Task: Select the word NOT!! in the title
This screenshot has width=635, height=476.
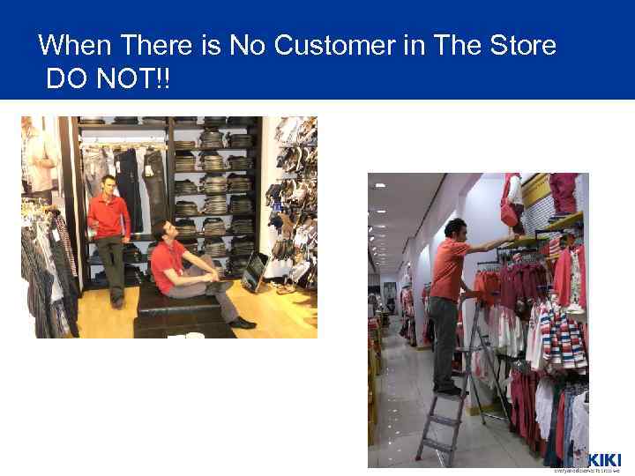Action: point(134,80)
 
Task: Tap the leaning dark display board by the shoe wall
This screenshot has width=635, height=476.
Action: point(254,271)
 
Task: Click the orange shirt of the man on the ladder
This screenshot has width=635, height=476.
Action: point(448,269)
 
